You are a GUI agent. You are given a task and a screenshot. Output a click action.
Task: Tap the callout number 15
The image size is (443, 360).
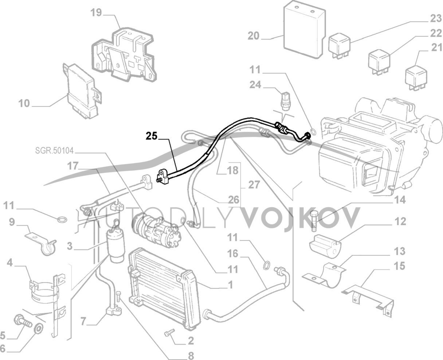point(399,266)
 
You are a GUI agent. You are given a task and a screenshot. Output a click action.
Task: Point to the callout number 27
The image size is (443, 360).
point(254,185)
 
